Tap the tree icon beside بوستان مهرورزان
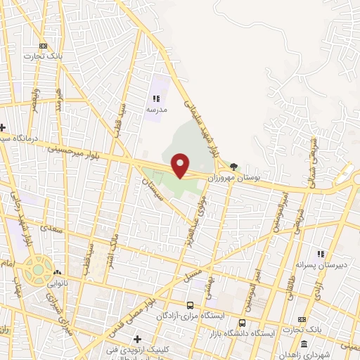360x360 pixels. (x=233, y=167)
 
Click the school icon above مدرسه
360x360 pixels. (x=156, y=99)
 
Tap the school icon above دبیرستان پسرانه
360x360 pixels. (x=321, y=254)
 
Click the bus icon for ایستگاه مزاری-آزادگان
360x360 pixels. (x=190, y=305)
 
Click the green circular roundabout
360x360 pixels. (x=35, y=268)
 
